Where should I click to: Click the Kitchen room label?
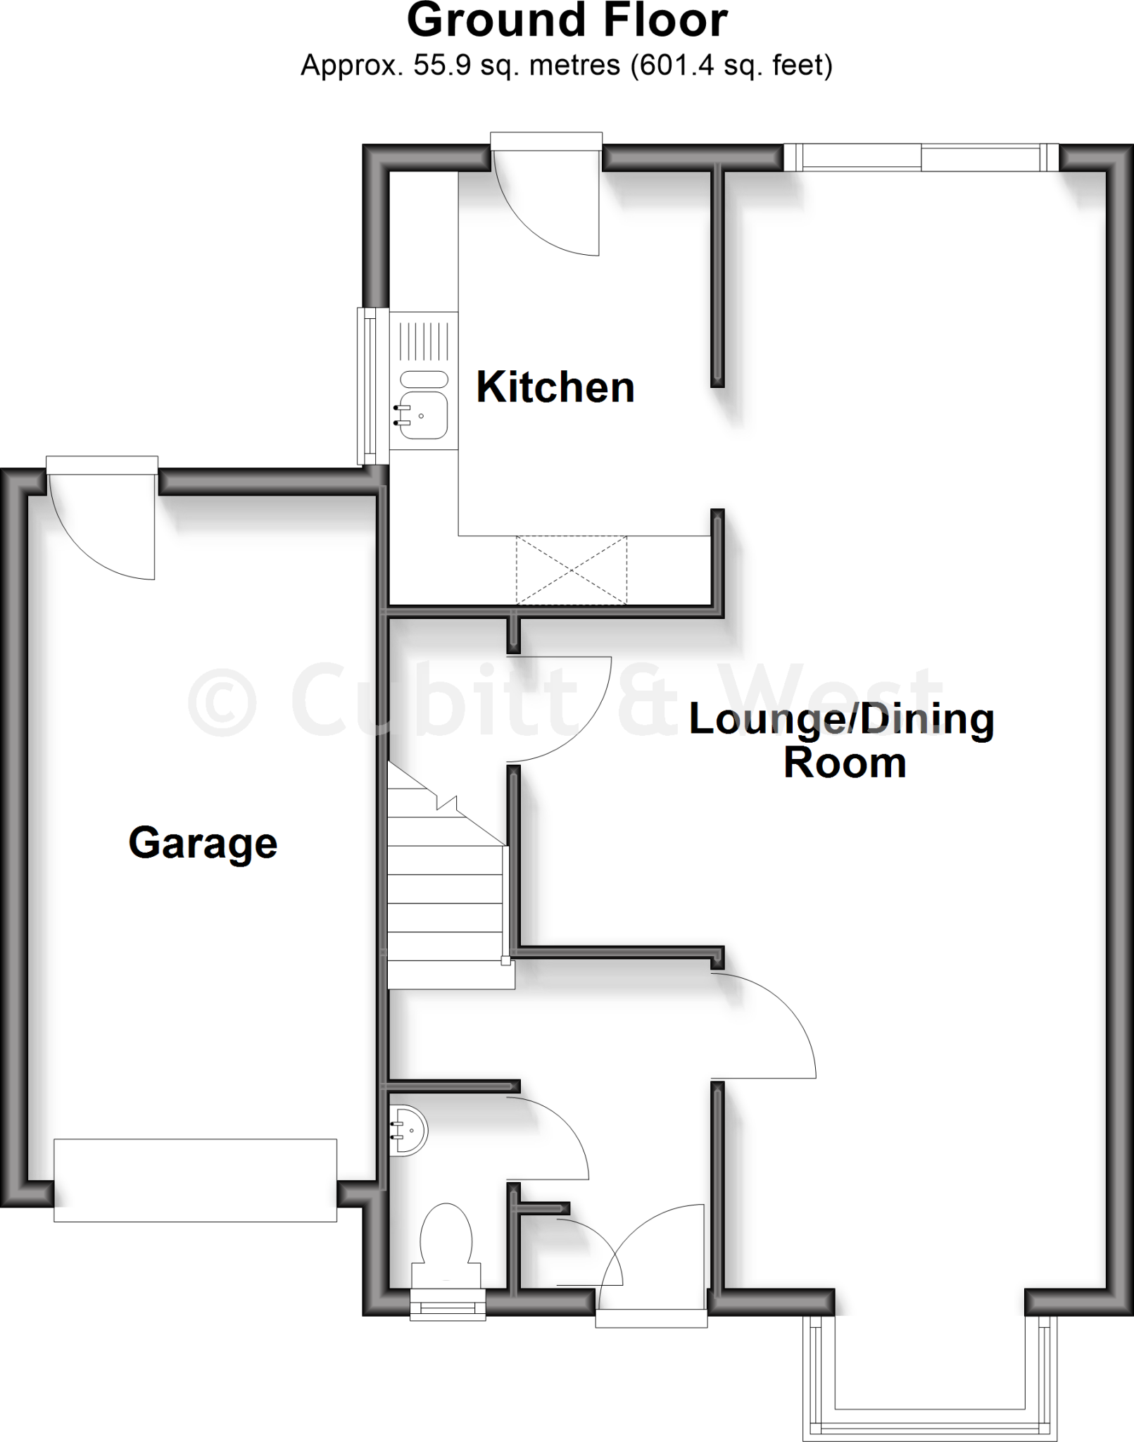tap(555, 387)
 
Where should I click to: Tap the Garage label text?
tap(203, 843)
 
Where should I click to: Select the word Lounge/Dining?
tap(841, 720)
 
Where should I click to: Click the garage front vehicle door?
tap(195, 1179)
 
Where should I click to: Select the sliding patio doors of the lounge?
tap(921, 158)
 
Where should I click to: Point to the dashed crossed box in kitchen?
tap(571, 570)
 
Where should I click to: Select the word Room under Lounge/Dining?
tap(844, 763)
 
